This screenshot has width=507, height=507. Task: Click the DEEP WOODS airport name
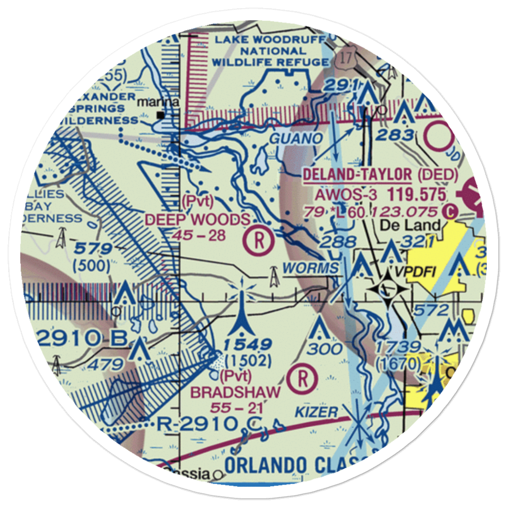197,220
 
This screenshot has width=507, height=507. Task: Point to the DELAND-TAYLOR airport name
357,175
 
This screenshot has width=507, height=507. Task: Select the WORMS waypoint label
311,268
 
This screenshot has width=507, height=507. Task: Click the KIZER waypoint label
321,412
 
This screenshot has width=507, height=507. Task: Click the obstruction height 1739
398,347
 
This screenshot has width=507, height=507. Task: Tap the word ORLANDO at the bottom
266,465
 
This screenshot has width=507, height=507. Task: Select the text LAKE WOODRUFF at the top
271,40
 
